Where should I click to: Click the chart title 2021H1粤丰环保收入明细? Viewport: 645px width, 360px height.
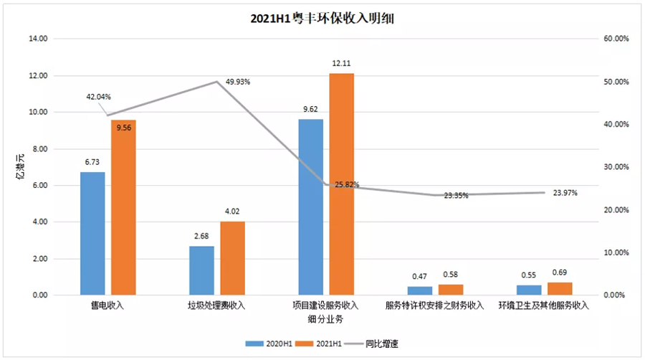click(322, 19)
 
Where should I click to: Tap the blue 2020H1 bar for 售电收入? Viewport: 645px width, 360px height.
click(92, 234)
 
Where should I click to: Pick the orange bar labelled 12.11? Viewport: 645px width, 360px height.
click(341, 184)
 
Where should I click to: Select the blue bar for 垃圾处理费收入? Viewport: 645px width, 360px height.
click(201, 270)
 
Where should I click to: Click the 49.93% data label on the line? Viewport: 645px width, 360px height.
click(237, 82)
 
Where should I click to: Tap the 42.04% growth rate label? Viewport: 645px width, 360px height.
click(98, 97)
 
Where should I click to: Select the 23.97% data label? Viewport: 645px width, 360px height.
click(565, 192)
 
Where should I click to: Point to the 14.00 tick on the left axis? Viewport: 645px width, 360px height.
click(38, 39)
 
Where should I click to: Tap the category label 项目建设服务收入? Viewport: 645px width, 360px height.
click(326, 305)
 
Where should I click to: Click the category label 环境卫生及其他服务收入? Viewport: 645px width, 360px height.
click(543, 305)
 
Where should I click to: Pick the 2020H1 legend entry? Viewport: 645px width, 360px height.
click(271, 344)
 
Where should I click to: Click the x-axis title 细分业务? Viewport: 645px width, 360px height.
click(326, 318)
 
